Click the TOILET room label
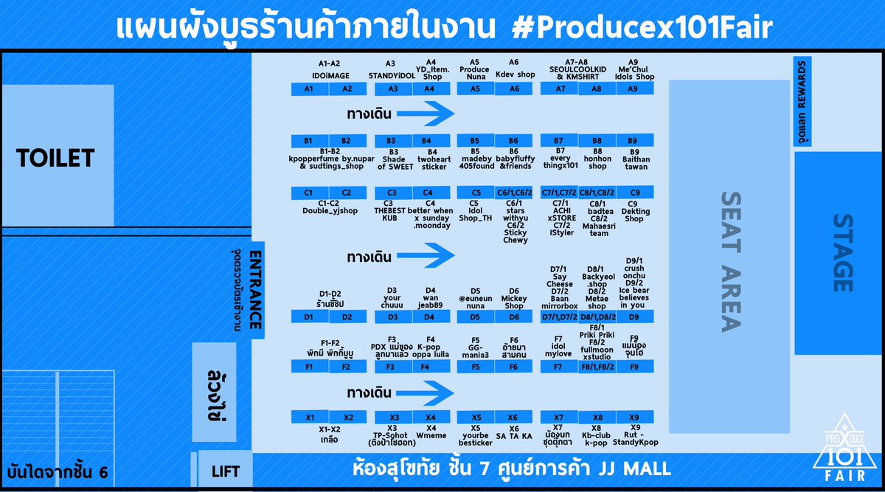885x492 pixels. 56,158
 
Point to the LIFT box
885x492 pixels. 226,470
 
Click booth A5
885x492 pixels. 476,89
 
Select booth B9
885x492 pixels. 633,140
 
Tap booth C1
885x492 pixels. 308,193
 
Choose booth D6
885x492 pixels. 513,317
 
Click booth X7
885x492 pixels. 558,417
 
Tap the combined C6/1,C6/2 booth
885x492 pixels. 514,193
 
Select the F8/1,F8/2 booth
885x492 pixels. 598,367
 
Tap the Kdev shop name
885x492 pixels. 515,75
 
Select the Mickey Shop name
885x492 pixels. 514,302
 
